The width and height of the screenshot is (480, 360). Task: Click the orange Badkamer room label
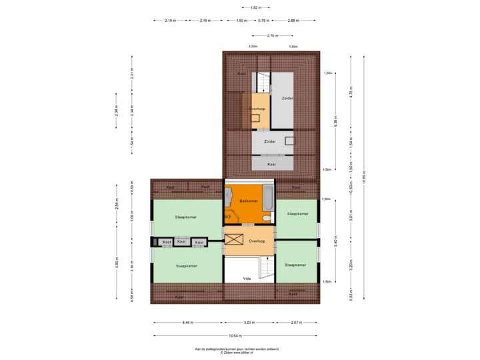tap(249, 201)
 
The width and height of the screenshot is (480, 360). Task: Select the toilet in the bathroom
tap(267, 219)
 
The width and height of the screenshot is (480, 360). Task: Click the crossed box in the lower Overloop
tap(235, 240)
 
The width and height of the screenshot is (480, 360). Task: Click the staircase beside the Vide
tap(266, 270)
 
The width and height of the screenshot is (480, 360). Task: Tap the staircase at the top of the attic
tap(261, 82)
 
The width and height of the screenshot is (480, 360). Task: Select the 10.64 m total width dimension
tap(236, 336)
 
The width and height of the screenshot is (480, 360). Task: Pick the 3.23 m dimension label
tap(248, 323)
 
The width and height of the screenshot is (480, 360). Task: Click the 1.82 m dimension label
tap(247, 7)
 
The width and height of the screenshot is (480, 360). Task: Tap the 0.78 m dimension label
tap(263, 21)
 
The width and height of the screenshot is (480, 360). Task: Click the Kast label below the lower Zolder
tap(271, 163)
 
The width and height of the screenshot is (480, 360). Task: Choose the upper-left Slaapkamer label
tap(186, 217)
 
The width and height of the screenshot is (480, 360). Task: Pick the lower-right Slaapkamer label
tap(295, 265)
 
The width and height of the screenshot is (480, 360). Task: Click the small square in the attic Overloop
tap(255, 118)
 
